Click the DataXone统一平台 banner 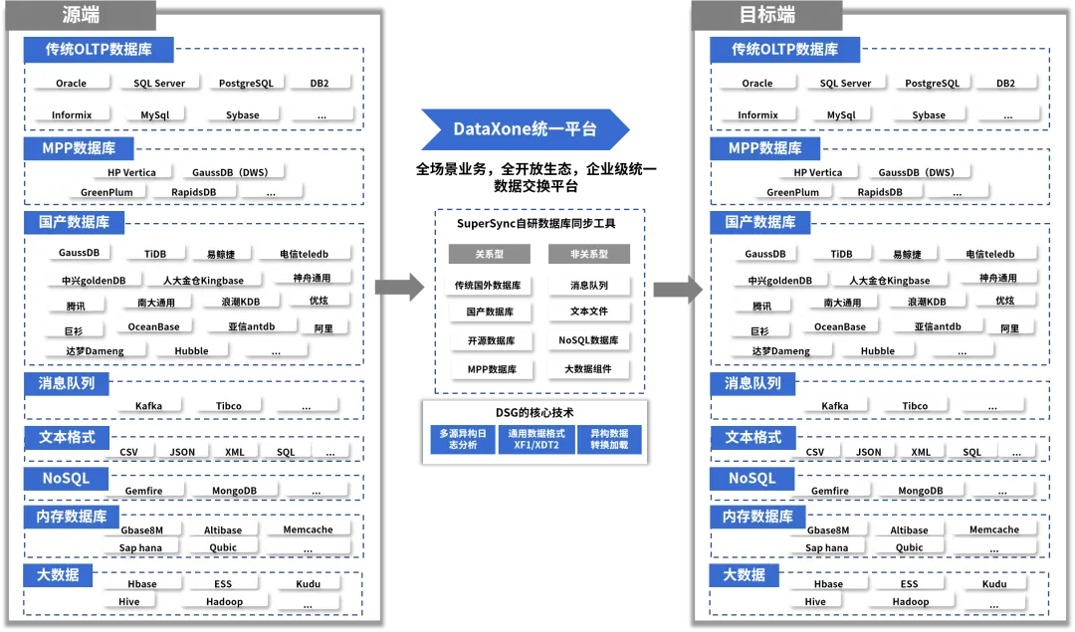[x=525, y=129]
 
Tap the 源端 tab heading [x=81, y=15]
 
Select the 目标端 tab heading [x=766, y=15]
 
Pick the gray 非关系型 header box [x=588, y=254]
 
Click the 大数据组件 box [x=588, y=369]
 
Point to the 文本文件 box [x=588, y=312]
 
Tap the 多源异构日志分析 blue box [x=463, y=439]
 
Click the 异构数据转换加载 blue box [x=609, y=439]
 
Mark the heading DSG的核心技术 [x=536, y=412]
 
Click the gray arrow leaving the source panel [x=399, y=289]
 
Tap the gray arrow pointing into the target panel [x=678, y=289]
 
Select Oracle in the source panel [x=71, y=84]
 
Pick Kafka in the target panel [x=835, y=406]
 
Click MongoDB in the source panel [x=234, y=491]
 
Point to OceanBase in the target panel [x=840, y=326]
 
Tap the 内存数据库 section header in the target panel [x=758, y=517]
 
